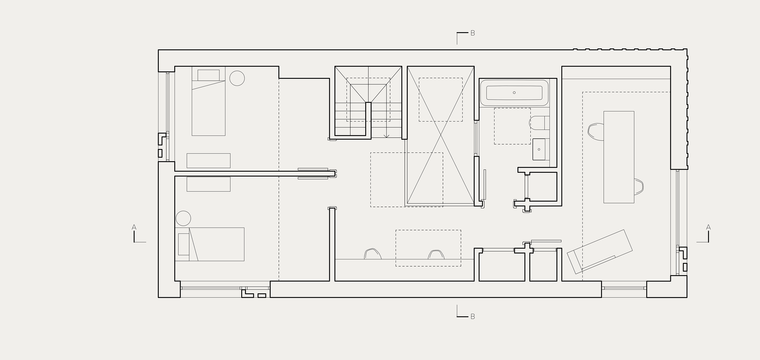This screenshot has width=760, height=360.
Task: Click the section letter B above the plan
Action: (473, 33)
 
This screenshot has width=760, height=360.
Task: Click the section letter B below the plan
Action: (473, 317)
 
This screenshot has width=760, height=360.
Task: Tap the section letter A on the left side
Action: (134, 227)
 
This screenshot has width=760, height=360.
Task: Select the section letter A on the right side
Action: (708, 227)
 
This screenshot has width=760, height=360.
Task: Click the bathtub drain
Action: (514, 93)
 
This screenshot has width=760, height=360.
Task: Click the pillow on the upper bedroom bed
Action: (208, 75)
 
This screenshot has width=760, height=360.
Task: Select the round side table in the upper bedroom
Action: (237, 78)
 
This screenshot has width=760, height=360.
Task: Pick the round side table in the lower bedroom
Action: (183, 219)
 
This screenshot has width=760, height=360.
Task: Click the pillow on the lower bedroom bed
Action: (183, 244)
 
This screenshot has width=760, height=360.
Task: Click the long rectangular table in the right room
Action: (619, 157)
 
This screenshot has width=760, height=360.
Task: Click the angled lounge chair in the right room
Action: (600, 251)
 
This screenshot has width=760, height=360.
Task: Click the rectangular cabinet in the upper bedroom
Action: (208, 160)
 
